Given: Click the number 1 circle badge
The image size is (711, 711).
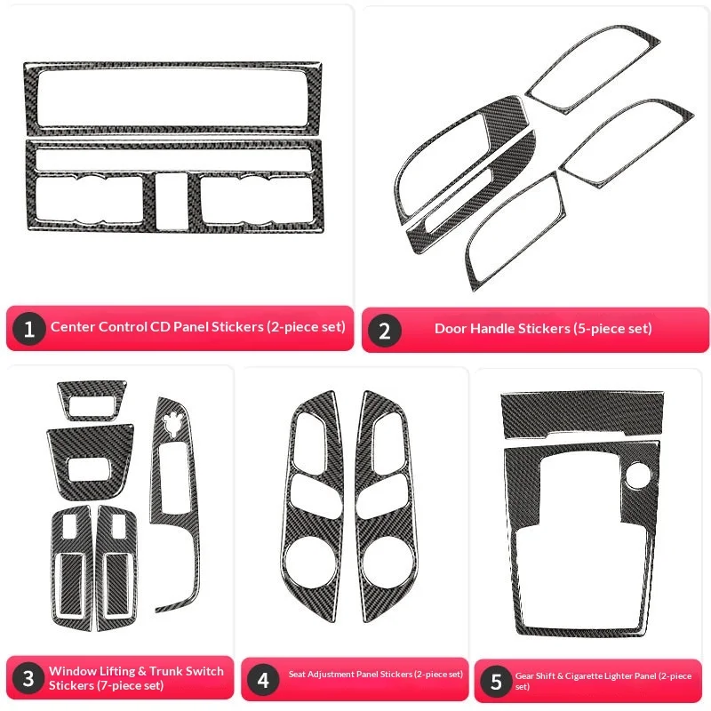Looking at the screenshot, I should click(29, 330).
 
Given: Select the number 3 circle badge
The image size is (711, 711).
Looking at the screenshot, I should click(29, 679).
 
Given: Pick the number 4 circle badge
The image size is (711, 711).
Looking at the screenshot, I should click(263, 680).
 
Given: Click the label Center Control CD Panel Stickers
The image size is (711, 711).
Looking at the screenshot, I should click(197, 327).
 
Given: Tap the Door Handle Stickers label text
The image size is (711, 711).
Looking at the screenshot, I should click(543, 329).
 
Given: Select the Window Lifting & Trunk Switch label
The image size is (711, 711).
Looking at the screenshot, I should click(136, 677).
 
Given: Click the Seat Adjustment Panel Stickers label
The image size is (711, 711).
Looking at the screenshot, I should click(375, 675).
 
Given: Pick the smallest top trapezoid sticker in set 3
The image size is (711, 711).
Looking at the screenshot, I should click(92, 400).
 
